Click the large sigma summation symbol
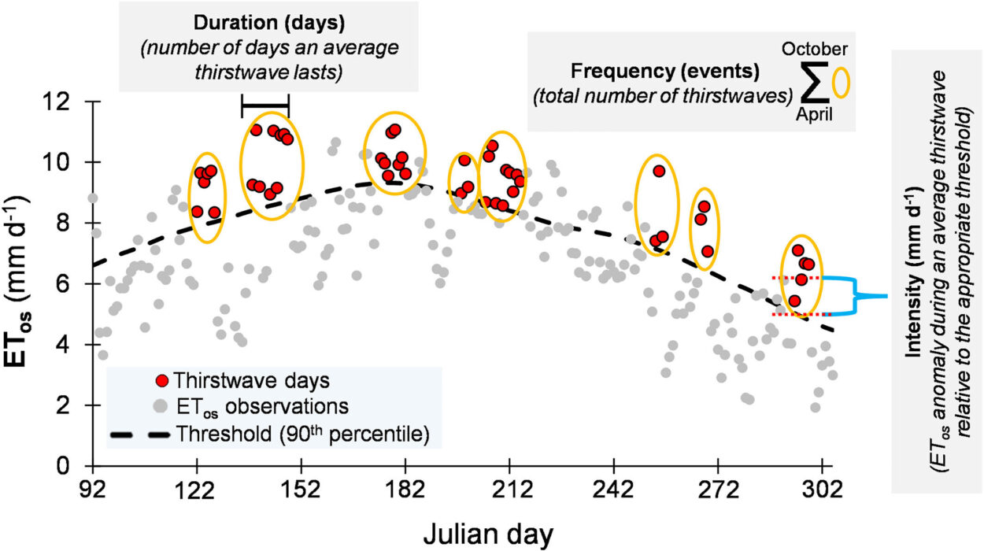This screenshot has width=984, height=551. pos(815,84)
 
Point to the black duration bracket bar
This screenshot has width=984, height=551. pos(265,105)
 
